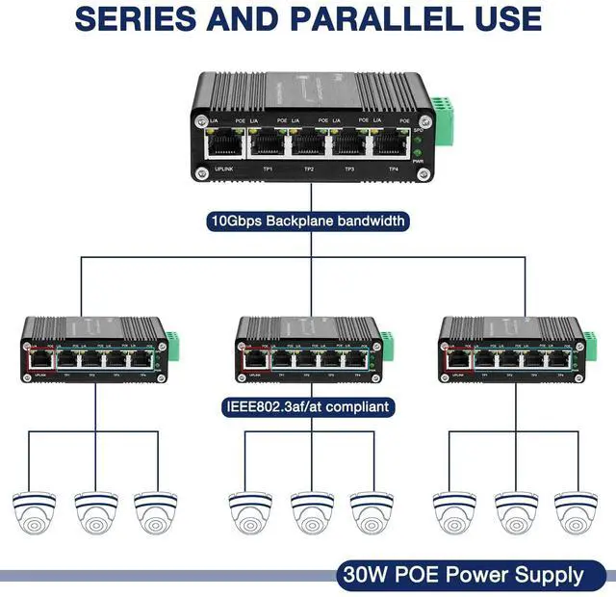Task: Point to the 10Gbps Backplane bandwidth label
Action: click(308, 221)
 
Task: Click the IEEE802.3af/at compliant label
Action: click(307, 407)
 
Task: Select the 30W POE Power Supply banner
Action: click(461, 576)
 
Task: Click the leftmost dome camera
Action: click(35, 512)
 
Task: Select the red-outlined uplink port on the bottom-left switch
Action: click(42, 361)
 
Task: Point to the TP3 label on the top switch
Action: click(350, 169)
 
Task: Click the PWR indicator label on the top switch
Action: click(417, 162)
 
